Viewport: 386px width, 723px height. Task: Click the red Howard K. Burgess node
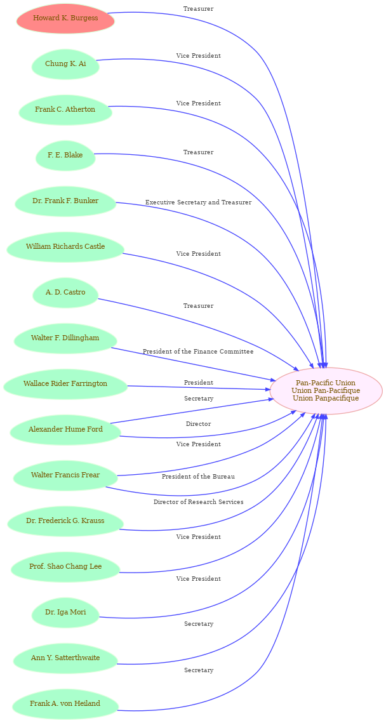coord(65,18)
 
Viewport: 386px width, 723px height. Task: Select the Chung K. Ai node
coord(65,63)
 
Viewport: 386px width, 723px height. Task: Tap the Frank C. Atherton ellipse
coord(65,110)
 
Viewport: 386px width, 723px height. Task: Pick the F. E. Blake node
coord(65,155)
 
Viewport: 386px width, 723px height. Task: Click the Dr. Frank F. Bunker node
coord(65,201)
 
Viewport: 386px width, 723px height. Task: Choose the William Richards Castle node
coord(65,247)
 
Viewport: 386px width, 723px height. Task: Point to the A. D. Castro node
coord(65,293)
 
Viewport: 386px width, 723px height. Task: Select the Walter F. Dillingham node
coord(65,338)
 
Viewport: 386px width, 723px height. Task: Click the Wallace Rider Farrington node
coord(65,383)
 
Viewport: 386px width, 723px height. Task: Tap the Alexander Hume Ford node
coord(65,430)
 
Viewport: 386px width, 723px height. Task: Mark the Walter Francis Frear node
coord(65,475)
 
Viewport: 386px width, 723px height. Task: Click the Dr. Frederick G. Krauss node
coord(65,521)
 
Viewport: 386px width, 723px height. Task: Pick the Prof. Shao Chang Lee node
coord(65,567)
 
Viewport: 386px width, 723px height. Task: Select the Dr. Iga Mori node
coord(65,613)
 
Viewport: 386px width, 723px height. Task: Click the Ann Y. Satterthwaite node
coord(65,658)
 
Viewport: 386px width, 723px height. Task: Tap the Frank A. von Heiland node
coord(65,704)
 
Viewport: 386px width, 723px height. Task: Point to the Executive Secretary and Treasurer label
coord(198,202)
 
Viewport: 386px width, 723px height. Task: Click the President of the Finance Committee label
coord(198,352)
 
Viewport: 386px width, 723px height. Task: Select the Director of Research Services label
coord(198,501)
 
